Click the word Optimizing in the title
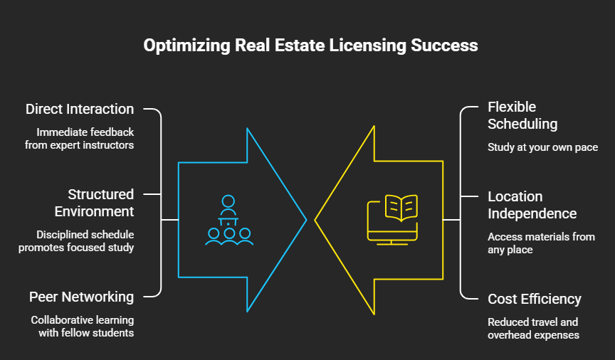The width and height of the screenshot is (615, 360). tap(186, 46)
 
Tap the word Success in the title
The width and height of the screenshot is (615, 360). tap(444, 45)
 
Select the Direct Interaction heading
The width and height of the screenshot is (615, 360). tap(80, 109)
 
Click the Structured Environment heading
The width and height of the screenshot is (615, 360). tap(94, 203)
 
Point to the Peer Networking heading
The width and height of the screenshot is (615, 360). tap(82, 297)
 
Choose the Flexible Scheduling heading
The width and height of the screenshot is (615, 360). tap(522, 115)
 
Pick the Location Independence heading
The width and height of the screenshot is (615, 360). tap(532, 205)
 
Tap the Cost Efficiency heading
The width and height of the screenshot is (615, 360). tap(534, 299)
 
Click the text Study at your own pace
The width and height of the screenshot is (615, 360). tap(543, 147)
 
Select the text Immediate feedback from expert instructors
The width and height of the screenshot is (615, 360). tap(79, 139)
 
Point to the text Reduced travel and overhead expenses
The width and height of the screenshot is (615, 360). tap(533, 328)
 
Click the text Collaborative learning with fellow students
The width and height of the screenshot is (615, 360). tap(83, 327)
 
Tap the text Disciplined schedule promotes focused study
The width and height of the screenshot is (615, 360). tap(76, 240)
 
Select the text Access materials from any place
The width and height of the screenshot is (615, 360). tap(541, 243)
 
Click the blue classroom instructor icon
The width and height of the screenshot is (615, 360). tap(229, 220)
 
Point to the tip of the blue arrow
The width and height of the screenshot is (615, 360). tap(306, 220)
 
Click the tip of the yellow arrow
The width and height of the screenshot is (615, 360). tap(315, 220)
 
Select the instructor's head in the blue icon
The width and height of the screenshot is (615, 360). tap(228, 201)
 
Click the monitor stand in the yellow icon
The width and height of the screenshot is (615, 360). tap(391, 243)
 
